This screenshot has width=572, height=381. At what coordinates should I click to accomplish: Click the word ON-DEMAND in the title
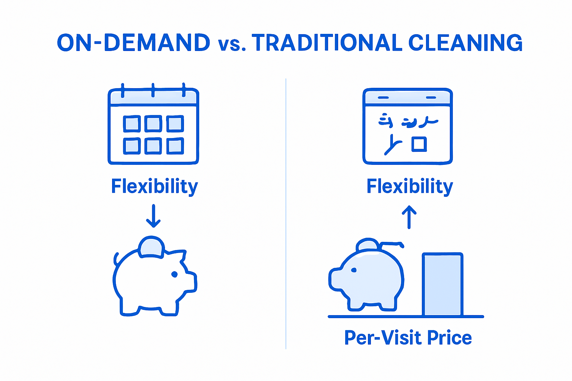(x=133, y=43)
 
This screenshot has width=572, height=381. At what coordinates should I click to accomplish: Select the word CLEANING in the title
(x=465, y=43)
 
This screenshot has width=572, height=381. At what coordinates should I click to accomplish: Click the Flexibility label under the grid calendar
(x=154, y=186)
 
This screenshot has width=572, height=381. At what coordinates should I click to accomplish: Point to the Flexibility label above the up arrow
(x=410, y=186)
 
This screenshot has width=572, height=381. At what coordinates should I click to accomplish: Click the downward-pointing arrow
(x=153, y=216)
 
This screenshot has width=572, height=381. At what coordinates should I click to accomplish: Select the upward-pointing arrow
(x=409, y=217)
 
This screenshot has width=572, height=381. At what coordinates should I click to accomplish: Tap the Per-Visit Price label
(x=408, y=338)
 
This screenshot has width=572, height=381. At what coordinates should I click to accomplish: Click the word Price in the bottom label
(x=449, y=338)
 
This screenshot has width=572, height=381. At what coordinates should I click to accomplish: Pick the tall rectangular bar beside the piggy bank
(x=442, y=285)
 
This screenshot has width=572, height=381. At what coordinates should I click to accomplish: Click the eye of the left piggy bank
(x=174, y=274)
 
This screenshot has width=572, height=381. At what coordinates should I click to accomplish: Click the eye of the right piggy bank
(x=354, y=270)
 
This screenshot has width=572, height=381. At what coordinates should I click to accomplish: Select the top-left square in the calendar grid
(x=132, y=124)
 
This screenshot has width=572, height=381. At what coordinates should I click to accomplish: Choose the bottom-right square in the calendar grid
(x=175, y=145)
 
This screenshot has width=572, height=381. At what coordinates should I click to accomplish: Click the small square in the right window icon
(x=419, y=144)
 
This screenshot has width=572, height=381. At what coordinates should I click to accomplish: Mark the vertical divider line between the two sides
(x=286, y=214)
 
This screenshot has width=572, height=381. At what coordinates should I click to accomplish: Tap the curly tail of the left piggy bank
(x=116, y=259)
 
